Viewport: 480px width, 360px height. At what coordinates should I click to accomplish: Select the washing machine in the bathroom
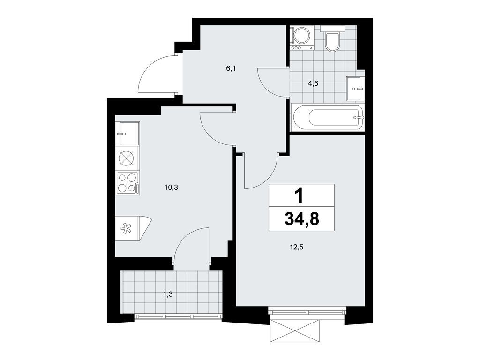[301, 37]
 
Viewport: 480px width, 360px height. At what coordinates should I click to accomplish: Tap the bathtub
[327, 117]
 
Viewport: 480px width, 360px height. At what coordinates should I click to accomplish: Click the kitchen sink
[127, 134]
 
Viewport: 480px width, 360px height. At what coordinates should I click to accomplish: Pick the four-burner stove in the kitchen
[127, 183]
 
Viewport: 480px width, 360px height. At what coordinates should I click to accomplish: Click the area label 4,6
[313, 84]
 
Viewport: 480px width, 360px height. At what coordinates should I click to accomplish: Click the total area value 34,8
[301, 218]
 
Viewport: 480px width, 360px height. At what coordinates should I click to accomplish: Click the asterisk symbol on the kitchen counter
[126, 229]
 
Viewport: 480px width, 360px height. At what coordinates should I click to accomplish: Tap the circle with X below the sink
[127, 158]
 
